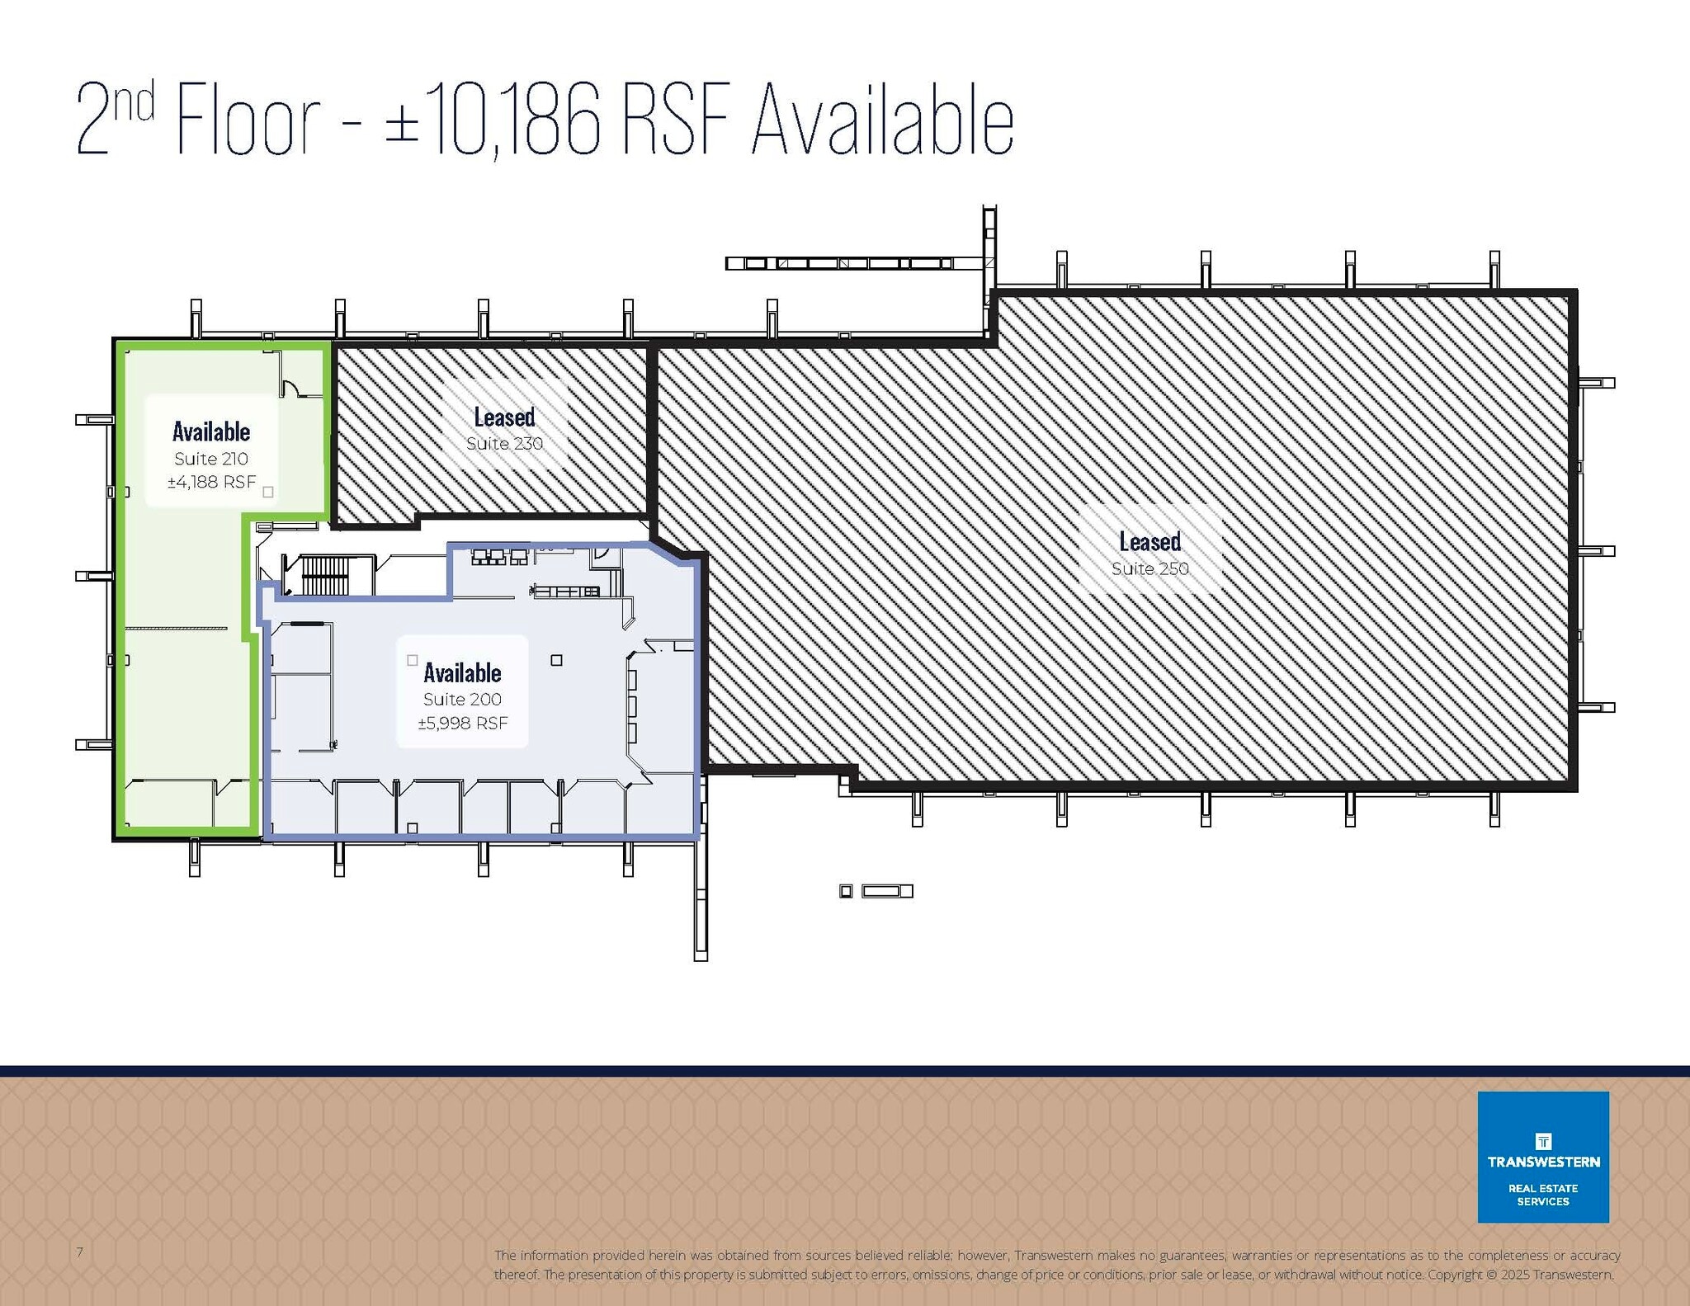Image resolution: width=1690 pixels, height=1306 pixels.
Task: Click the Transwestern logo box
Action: (1542, 1156)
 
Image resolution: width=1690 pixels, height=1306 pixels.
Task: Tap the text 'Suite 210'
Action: (211, 459)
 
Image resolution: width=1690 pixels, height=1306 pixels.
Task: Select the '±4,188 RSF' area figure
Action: (212, 482)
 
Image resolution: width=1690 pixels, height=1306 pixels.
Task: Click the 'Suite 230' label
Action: (504, 444)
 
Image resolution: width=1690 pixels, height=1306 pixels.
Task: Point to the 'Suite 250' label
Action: (1149, 568)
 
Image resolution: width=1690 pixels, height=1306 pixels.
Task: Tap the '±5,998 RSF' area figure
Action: (462, 723)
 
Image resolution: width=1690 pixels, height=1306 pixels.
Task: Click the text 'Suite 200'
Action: (462, 700)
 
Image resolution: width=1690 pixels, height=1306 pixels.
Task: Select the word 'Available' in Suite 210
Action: (211, 431)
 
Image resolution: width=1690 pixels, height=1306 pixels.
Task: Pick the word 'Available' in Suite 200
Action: (462, 673)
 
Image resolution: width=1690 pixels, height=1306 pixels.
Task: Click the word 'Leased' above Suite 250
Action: (1149, 542)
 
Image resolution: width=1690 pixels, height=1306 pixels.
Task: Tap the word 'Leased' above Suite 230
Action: (504, 417)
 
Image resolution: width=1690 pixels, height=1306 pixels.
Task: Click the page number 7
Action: (80, 1252)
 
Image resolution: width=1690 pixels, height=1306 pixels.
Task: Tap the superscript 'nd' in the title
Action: (133, 103)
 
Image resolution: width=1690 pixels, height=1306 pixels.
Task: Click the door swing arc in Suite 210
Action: (291, 386)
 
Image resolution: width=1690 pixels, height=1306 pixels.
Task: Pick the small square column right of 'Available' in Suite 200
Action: (557, 660)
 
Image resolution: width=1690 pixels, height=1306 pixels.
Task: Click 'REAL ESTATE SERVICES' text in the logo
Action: (1542, 1195)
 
